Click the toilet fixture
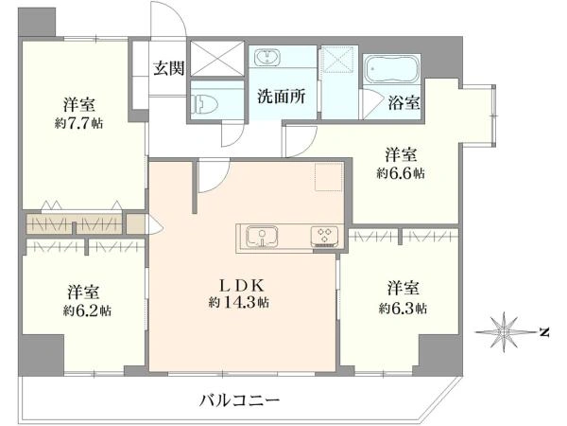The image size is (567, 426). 206,103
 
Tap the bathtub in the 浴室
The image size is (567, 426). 391,69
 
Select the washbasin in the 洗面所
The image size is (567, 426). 266,58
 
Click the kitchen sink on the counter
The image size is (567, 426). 262,238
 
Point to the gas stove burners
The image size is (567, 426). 324,237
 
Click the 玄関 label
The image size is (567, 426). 169,68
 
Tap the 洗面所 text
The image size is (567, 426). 282,96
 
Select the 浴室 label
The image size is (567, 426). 404,102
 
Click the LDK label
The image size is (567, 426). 242,286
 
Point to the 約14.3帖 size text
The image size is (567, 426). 239,302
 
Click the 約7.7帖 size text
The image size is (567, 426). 78,123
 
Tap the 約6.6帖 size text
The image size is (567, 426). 401,173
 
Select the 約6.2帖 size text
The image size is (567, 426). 87,311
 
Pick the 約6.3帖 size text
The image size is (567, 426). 403,309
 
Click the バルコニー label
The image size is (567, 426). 240,400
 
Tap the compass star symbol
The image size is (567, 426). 504,332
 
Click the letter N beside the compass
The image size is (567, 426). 544,332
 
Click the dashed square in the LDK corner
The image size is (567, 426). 329,177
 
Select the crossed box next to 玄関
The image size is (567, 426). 217,59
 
